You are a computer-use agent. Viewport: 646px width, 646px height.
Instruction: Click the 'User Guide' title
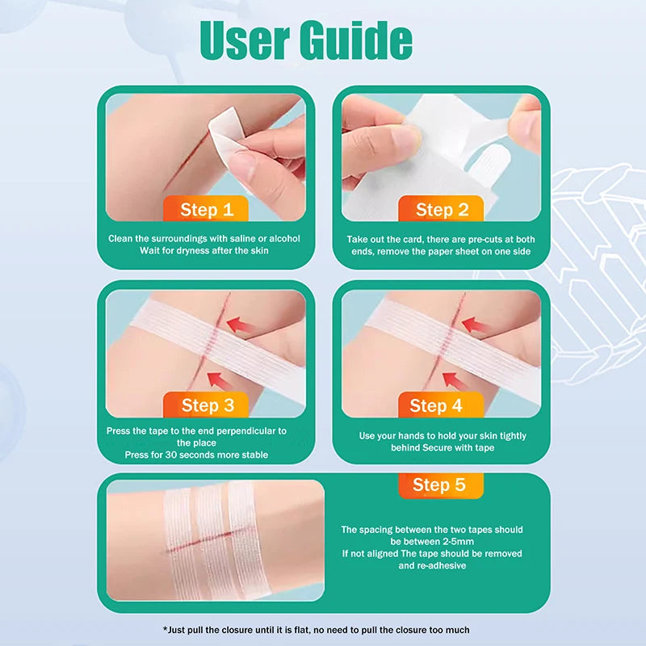[x=306, y=40]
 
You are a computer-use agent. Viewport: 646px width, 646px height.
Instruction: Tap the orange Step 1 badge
[x=207, y=210]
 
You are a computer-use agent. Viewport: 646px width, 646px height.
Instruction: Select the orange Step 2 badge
[x=442, y=210]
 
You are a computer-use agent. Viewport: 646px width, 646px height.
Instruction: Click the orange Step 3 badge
[x=208, y=405]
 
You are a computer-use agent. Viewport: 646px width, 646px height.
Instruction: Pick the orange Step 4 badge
[x=436, y=405]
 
